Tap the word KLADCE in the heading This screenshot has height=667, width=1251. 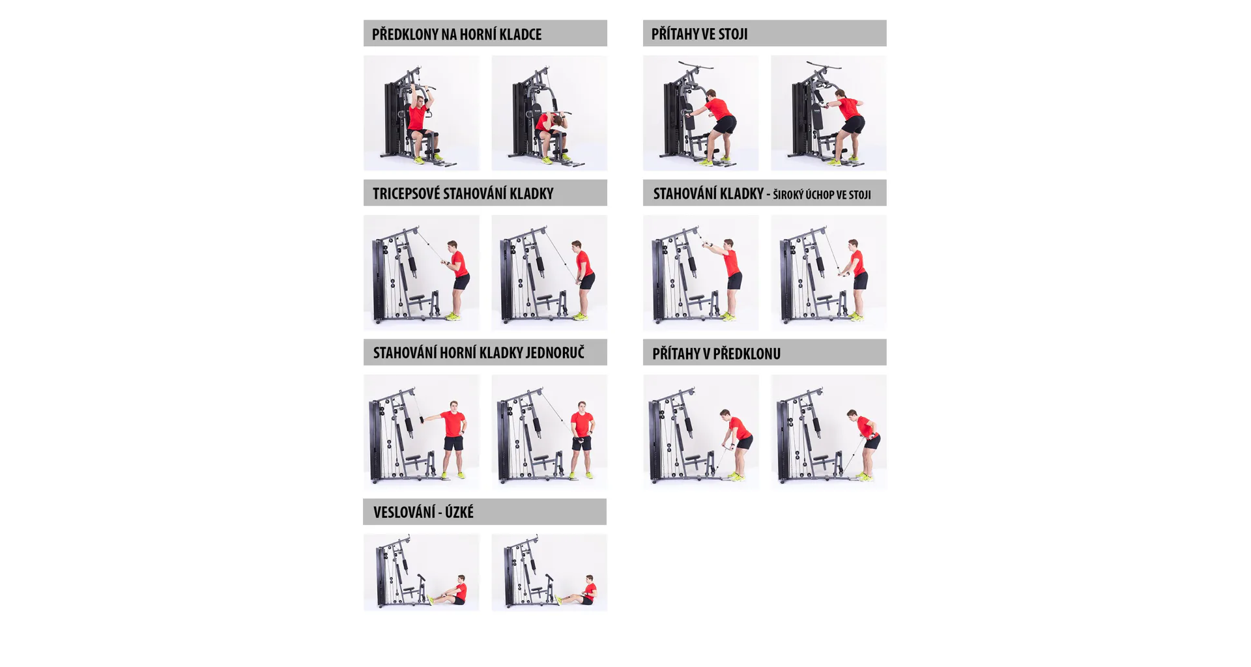[x=519, y=34]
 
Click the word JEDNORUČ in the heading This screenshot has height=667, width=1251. [x=554, y=352]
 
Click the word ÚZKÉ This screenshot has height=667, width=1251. [x=459, y=512]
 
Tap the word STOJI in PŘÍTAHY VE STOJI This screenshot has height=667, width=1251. [x=734, y=34]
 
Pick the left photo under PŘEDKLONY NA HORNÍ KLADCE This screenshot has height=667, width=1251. [x=422, y=113]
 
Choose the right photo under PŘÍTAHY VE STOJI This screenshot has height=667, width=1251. [x=829, y=113]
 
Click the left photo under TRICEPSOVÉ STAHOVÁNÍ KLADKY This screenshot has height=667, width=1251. [x=422, y=272]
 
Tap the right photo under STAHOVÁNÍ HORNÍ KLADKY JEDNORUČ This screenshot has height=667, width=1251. [x=549, y=432]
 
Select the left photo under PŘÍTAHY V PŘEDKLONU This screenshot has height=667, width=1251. [x=701, y=432]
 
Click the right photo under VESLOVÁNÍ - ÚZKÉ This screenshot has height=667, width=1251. [x=549, y=573]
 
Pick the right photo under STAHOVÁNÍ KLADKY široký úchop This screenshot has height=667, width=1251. [x=829, y=272]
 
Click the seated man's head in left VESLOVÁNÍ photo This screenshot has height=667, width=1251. [x=461, y=580]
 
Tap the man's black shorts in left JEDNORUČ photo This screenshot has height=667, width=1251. [x=453, y=443]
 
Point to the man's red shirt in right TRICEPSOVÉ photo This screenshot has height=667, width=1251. [x=584, y=263]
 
